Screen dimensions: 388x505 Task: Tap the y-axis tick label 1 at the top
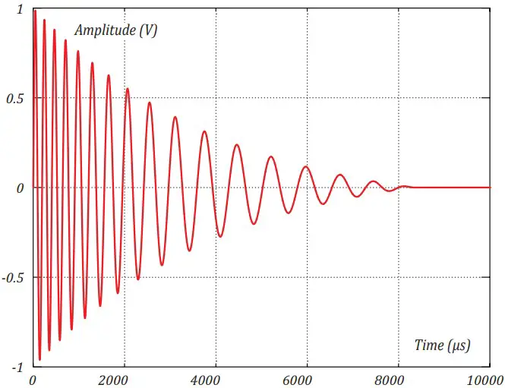coord(20,9)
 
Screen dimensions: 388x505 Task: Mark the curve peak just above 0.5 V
coord(127,89)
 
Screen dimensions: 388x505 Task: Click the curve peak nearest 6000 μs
coord(306,166)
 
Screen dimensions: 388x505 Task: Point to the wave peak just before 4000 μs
coord(204,132)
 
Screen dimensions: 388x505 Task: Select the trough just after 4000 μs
coord(220,236)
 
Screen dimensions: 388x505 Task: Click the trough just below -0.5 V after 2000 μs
coord(138,279)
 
